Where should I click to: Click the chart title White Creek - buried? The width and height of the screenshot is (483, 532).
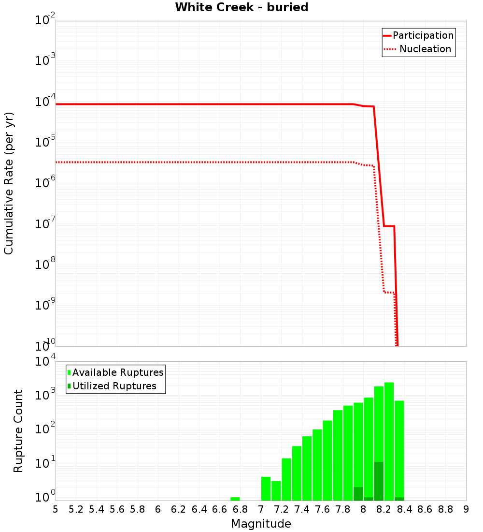point(241,7)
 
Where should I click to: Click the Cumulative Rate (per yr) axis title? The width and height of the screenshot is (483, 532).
point(9,183)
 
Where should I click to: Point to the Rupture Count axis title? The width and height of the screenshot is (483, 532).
point(18,431)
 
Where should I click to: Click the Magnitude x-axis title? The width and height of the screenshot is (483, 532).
point(261,523)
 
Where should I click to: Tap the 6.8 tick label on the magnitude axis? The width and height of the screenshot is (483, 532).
point(240,509)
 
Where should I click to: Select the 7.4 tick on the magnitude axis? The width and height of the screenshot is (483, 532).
point(302,509)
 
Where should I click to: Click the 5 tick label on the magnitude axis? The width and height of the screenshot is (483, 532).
point(56,509)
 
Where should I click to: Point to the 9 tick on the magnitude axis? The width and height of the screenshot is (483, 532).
point(466,509)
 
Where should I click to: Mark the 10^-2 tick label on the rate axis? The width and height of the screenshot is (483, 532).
point(45,20)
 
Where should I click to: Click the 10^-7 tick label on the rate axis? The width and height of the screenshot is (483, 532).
point(45,224)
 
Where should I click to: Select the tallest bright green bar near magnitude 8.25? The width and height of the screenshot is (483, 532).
point(389,440)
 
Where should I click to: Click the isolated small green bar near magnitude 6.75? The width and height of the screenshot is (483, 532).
point(235,499)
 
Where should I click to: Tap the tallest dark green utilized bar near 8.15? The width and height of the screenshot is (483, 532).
point(379,481)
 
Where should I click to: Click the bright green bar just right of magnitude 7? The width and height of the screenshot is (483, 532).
point(266,488)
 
